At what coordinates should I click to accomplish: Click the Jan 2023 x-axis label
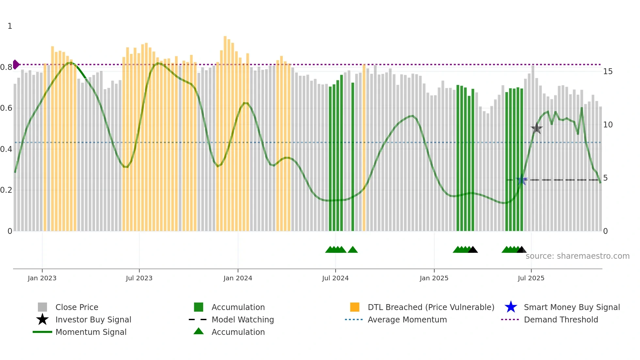[x=42, y=278]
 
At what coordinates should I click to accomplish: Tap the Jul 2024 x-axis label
[x=335, y=278]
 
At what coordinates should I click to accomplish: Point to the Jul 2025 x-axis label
[x=531, y=278]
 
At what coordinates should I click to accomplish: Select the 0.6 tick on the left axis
[x=7, y=108]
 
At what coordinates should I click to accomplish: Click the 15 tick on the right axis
[x=608, y=72]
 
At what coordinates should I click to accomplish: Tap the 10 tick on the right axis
[x=608, y=125]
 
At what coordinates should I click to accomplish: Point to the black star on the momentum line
[x=536, y=128]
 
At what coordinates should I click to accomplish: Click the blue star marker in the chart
[x=521, y=180]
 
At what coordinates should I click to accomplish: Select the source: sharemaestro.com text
[x=577, y=256]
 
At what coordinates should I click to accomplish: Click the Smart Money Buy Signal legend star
[x=511, y=307]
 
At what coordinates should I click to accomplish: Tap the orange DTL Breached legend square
[x=355, y=307]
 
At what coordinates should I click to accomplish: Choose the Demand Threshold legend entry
[x=561, y=319]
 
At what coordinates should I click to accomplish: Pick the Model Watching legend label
[x=243, y=319]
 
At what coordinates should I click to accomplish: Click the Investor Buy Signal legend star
[x=42, y=319]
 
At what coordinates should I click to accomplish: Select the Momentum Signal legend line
[x=42, y=332]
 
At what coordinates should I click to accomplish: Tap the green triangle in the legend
[x=199, y=331]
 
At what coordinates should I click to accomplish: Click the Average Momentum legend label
[x=407, y=319]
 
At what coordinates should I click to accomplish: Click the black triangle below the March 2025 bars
[x=473, y=250]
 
